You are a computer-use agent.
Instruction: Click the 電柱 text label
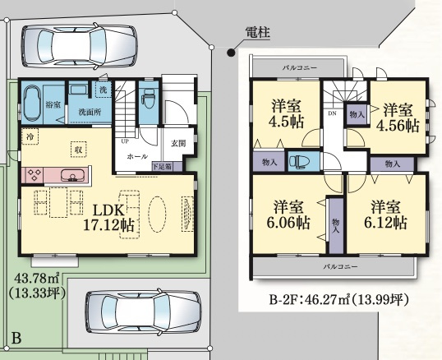click(258, 32)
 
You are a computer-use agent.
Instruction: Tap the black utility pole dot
click(231, 52)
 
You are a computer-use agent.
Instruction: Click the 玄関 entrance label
click(177, 143)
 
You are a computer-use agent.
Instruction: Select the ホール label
click(137, 155)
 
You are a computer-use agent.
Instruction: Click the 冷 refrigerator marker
click(30, 134)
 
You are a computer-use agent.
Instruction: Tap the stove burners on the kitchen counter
click(37, 174)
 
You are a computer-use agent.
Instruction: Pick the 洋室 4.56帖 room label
click(398, 118)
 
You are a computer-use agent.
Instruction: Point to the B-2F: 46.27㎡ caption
click(338, 299)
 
